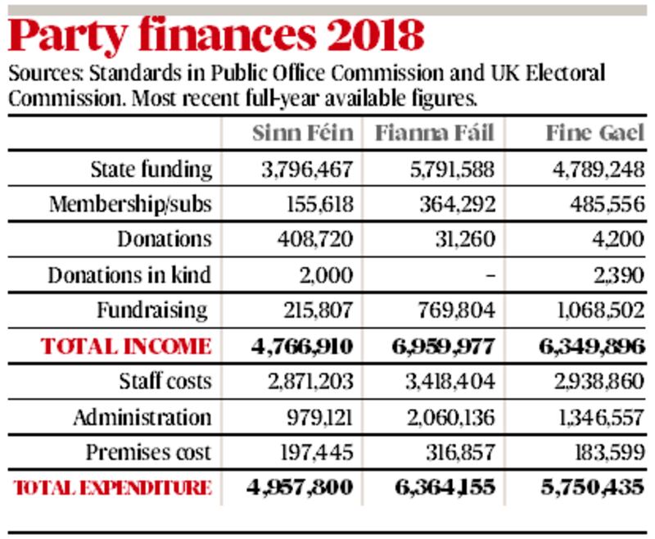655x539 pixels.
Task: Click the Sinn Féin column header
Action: (303, 134)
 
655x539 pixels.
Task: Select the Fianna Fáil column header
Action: (435, 134)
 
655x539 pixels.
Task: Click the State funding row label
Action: (151, 170)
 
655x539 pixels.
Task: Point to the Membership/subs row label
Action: (131, 205)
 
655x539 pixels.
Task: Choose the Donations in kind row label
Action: (129, 275)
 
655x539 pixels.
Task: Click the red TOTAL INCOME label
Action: (126, 346)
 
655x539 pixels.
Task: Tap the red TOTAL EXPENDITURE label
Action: (113, 487)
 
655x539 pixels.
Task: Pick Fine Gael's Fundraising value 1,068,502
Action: (594, 310)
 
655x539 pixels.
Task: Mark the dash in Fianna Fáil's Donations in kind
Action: (490, 276)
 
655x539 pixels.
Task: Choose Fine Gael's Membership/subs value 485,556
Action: (605, 205)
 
